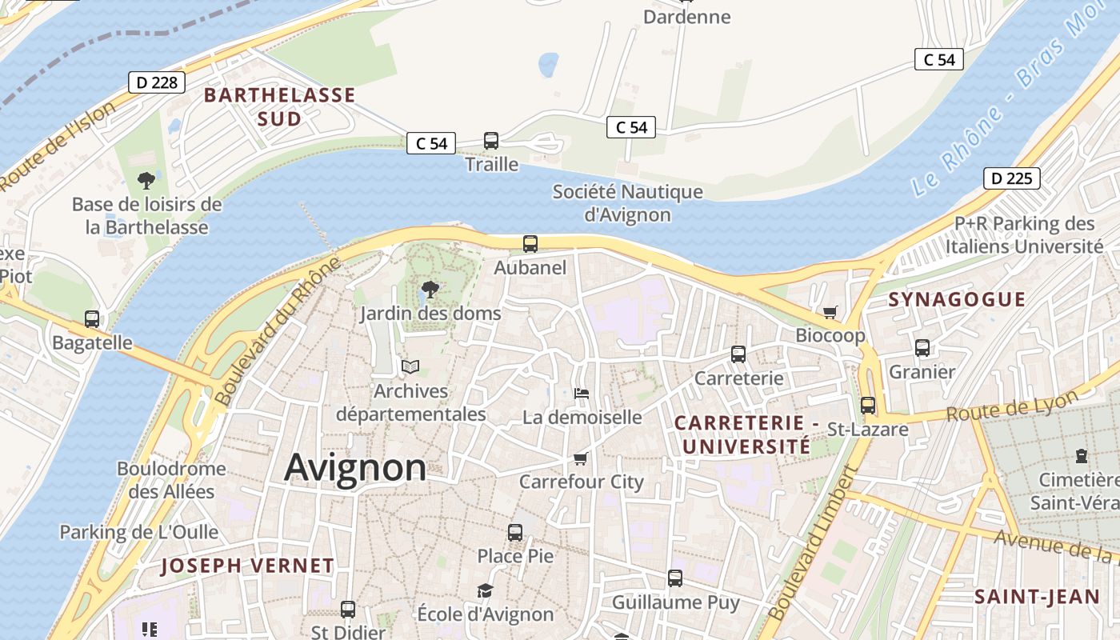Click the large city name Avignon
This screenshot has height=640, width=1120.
click(355, 467)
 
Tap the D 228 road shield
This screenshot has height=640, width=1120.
click(157, 82)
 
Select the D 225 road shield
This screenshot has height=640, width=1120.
click(1011, 178)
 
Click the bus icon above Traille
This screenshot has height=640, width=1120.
click(491, 141)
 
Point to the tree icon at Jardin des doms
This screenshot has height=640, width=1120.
click(430, 290)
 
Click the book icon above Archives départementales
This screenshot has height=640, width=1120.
click(410, 366)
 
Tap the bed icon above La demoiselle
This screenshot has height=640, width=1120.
click(582, 393)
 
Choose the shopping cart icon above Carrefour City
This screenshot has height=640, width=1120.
click(581, 458)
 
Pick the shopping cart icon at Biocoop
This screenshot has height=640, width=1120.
click(830, 312)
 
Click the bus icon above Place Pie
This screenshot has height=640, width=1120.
click(515, 532)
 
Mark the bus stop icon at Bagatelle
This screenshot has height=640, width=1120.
click(92, 319)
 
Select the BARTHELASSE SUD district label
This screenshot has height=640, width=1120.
click(279, 107)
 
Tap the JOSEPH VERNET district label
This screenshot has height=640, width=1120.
click(247, 566)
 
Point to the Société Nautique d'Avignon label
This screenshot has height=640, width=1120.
click(627, 203)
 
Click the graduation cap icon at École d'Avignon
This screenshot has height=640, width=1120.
click(485, 590)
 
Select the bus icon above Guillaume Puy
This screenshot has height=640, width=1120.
click(675, 578)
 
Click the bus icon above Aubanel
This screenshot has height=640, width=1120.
click(530, 244)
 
